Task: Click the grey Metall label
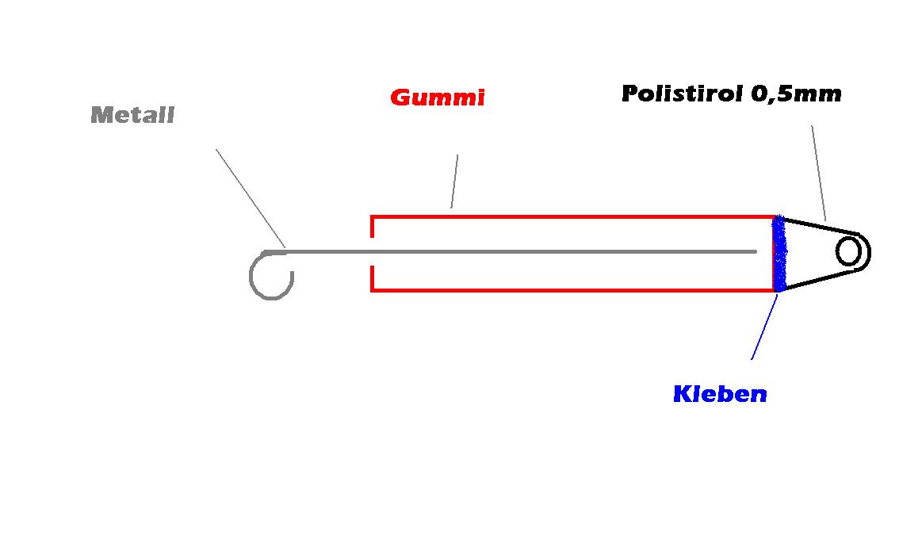[x=132, y=116]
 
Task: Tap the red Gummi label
[x=437, y=98]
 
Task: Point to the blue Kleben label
[x=720, y=394]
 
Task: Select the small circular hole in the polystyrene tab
[x=849, y=253]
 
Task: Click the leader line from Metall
[x=249, y=195]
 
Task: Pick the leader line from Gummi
[x=455, y=182]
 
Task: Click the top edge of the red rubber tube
[x=571, y=216]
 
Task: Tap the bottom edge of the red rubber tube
[x=571, y=290]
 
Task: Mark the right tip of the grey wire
[x=755, y=252]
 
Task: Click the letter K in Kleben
[x=680, y=394]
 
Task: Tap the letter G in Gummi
[x=400, y=98]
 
